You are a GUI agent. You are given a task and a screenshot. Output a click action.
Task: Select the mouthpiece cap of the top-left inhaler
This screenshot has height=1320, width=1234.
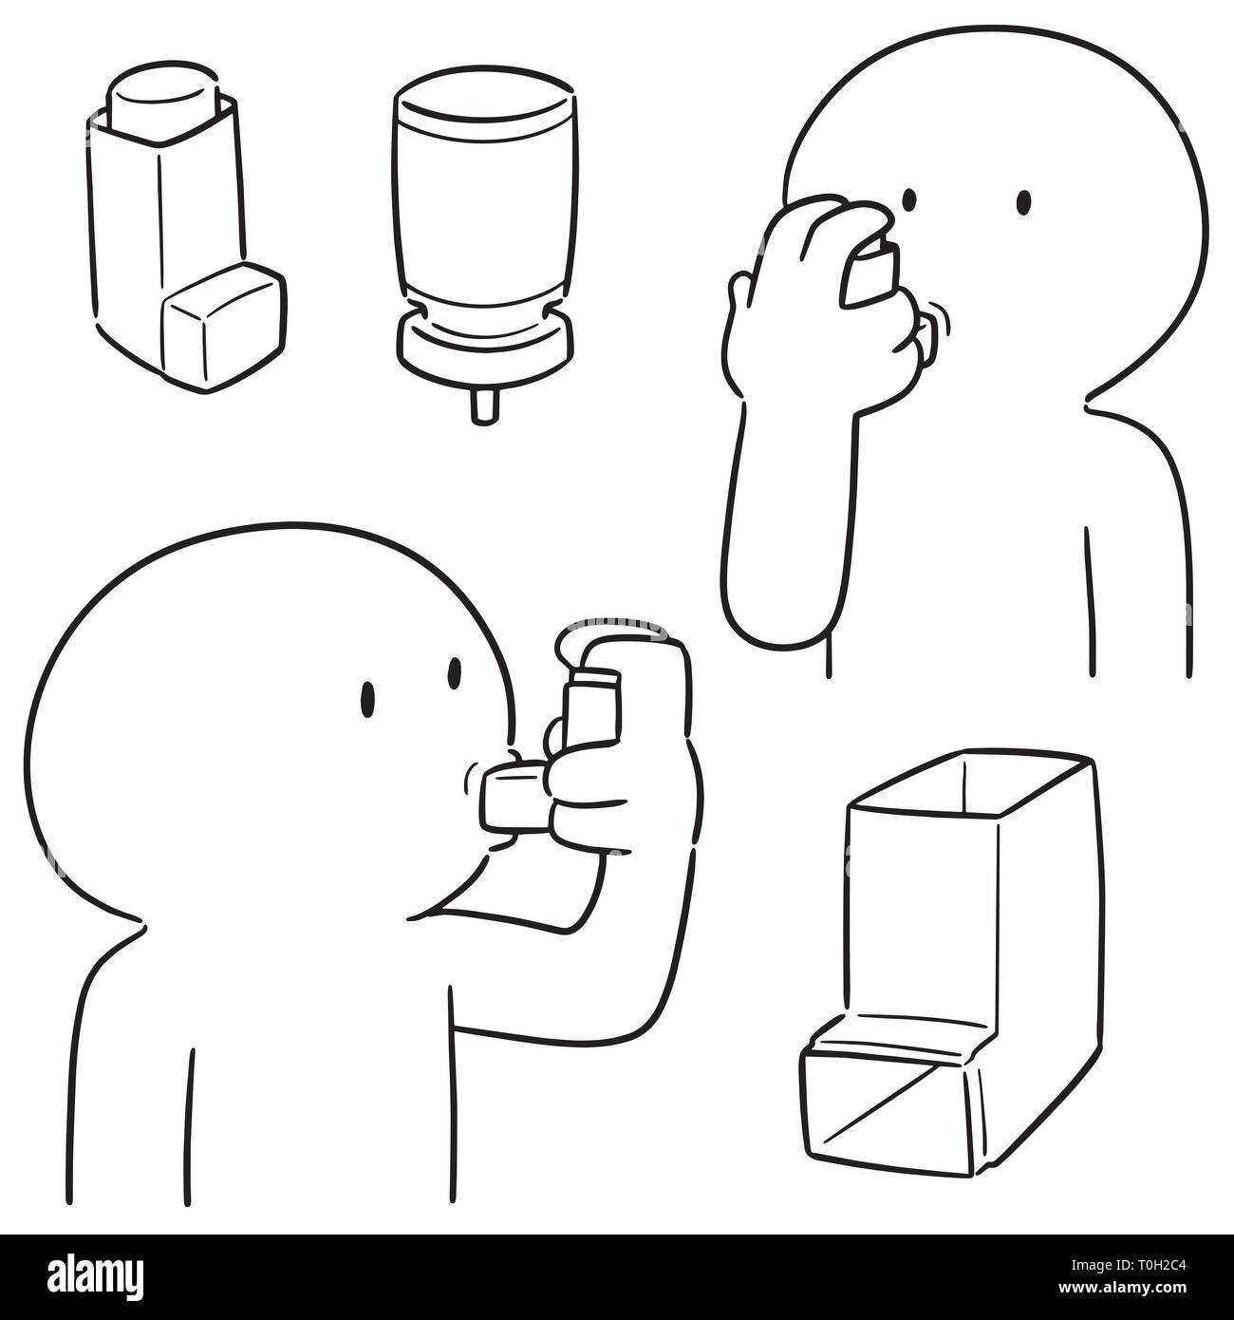(x=225, y=327)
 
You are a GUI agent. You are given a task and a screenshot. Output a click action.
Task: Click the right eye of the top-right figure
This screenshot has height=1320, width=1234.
(x=1024, y=201)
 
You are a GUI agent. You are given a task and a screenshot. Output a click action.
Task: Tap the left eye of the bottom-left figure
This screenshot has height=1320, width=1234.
(x=366, y=699)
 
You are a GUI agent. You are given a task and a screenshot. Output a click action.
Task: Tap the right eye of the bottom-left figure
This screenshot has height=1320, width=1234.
(x=455, y=674)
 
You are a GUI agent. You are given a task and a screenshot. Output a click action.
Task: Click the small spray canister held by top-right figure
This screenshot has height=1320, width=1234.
(x=869, y=275)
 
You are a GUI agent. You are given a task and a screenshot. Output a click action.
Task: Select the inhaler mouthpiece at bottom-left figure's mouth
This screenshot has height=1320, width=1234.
(x=514, y=798)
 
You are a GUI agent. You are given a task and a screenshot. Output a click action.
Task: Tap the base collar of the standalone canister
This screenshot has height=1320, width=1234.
(x=484, y=346)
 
